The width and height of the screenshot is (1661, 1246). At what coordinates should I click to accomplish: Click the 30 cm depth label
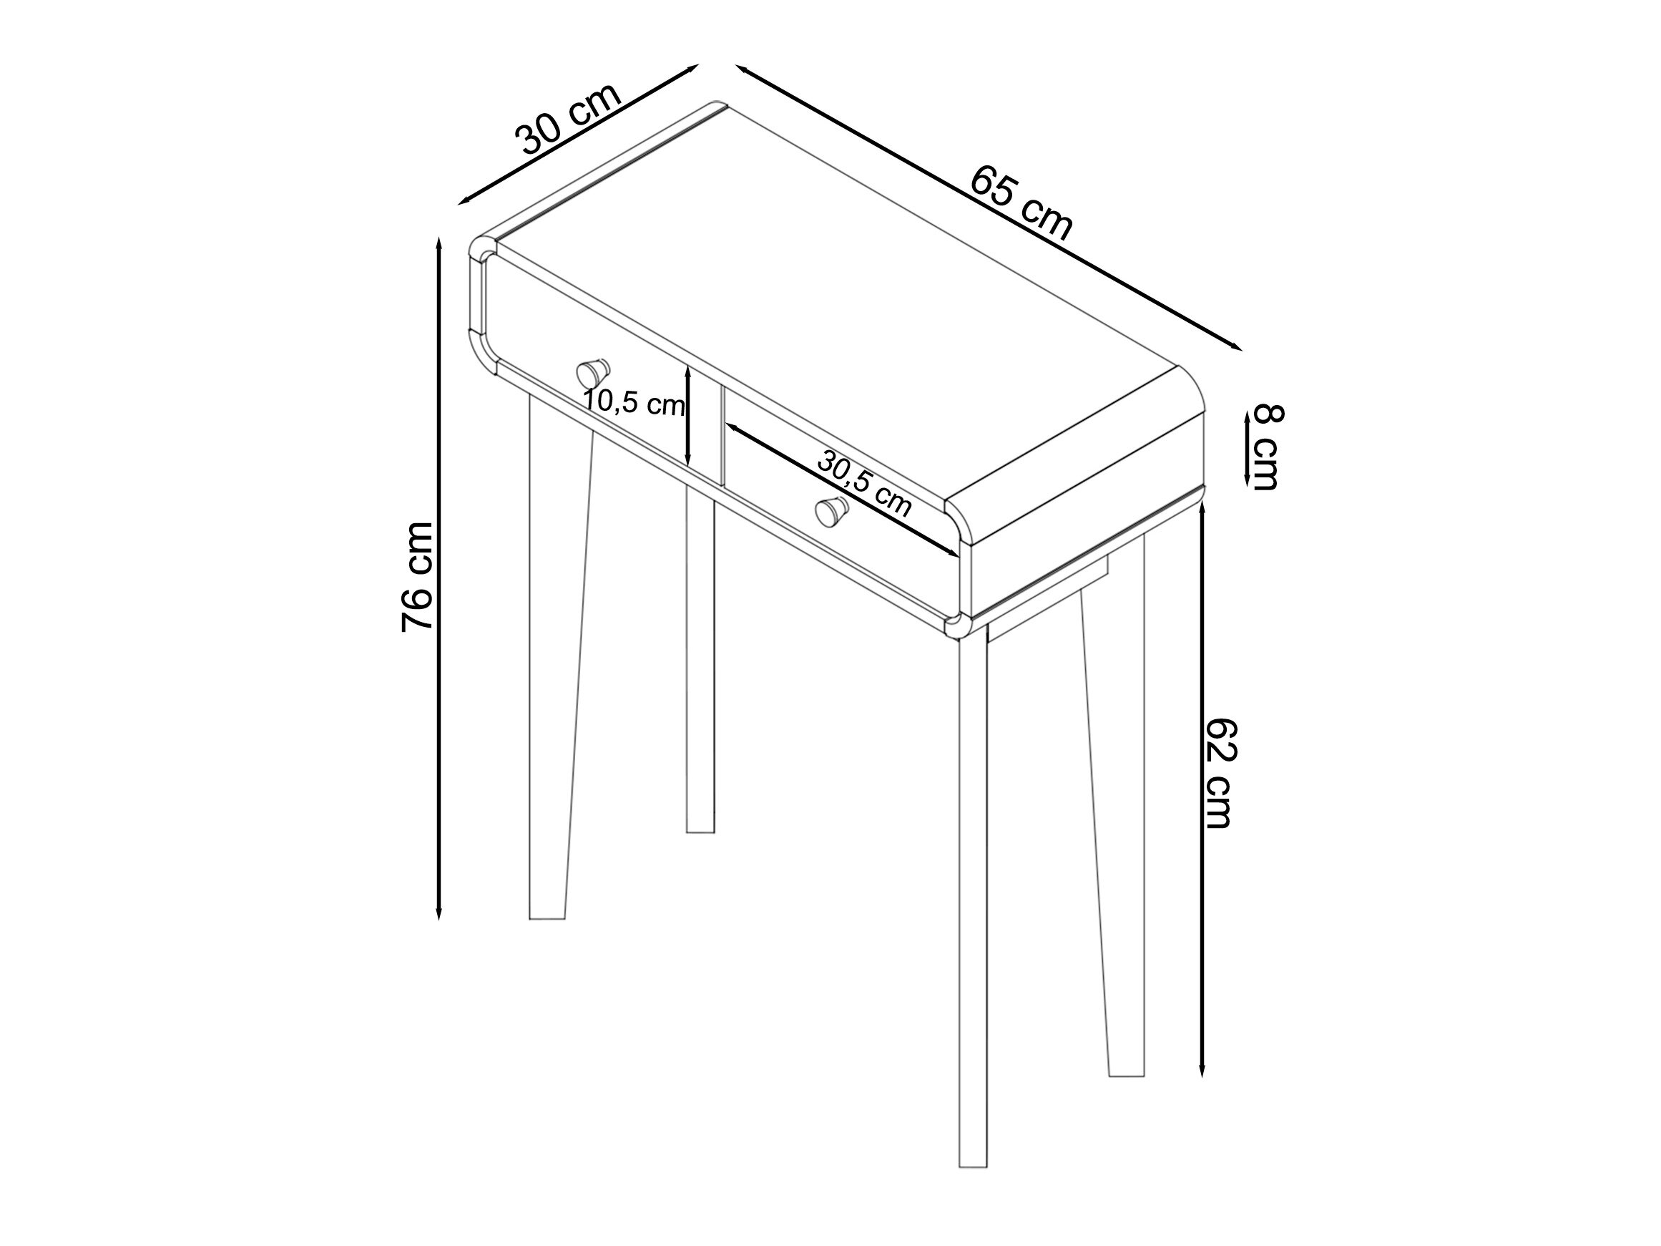pyautogui.click(x=569, y=118)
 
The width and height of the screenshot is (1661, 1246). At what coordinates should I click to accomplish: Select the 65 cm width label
pyautogui.click(x=1022, y=203)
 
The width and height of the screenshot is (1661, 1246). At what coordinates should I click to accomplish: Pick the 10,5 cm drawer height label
pyautogui.click(x=634, y=404)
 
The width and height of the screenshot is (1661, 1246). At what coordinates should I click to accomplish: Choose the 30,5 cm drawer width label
pyautogui.click(x=864, y=485)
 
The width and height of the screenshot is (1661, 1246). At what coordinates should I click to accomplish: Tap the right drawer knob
pyautogui.click(x=831, y=512)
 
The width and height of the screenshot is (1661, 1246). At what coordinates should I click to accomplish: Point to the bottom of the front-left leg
pyautogui.click(x=547, y=918)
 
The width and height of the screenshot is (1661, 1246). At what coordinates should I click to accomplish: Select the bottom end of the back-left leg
pyautogui.click(x=700, y=831)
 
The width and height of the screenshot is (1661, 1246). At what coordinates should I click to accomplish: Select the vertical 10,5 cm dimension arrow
pyautogui.click(x=687, y=415)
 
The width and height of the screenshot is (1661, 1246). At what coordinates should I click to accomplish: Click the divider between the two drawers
pyautogui.click(x=706, y=426)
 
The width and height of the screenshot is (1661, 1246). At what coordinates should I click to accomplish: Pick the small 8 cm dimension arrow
pyautogui.click(x=1248, y=449)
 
